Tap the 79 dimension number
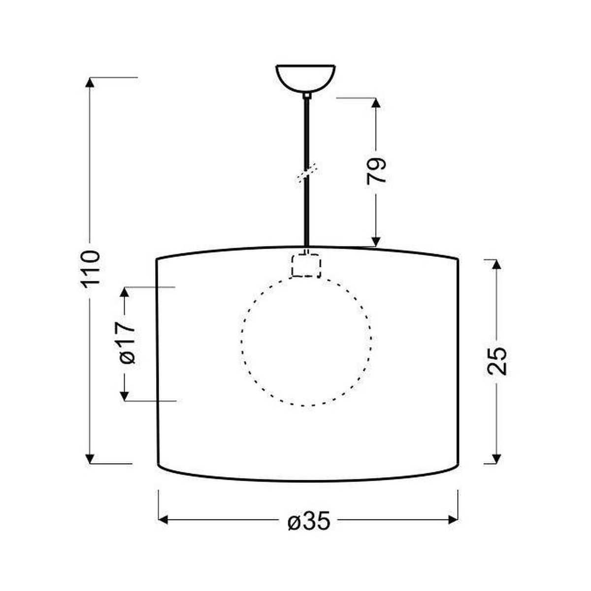376,170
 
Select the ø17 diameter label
127,341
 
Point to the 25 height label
496,361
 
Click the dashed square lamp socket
306,265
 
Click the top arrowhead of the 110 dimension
90,83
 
